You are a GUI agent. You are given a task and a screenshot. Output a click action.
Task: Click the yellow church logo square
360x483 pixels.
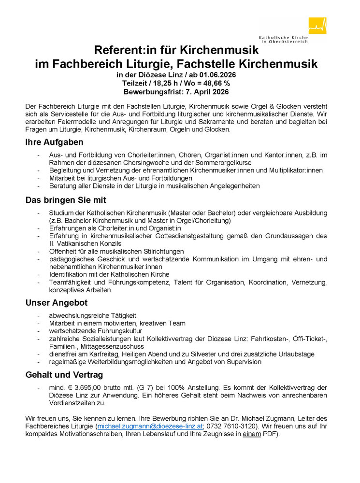pyautogui.click(x=317, y=26)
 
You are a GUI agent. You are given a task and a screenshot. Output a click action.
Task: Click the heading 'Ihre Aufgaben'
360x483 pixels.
pyautogui.click(x=55, y=142)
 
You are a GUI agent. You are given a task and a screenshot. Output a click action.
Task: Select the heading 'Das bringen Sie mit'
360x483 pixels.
pyautogui.click(x=66, y=200)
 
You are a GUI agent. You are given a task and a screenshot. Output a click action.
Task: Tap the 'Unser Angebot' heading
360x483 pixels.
pyautogui.click(x=57, y=303)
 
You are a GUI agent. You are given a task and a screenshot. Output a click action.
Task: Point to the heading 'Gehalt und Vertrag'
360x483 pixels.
pyautogui.click(x=64, y=374)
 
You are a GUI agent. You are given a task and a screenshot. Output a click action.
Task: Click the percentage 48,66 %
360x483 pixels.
pyautogui.click(x=212, y=84)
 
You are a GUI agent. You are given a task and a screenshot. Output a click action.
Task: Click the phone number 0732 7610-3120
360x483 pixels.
pyautogui.click(x=234, y=426)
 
